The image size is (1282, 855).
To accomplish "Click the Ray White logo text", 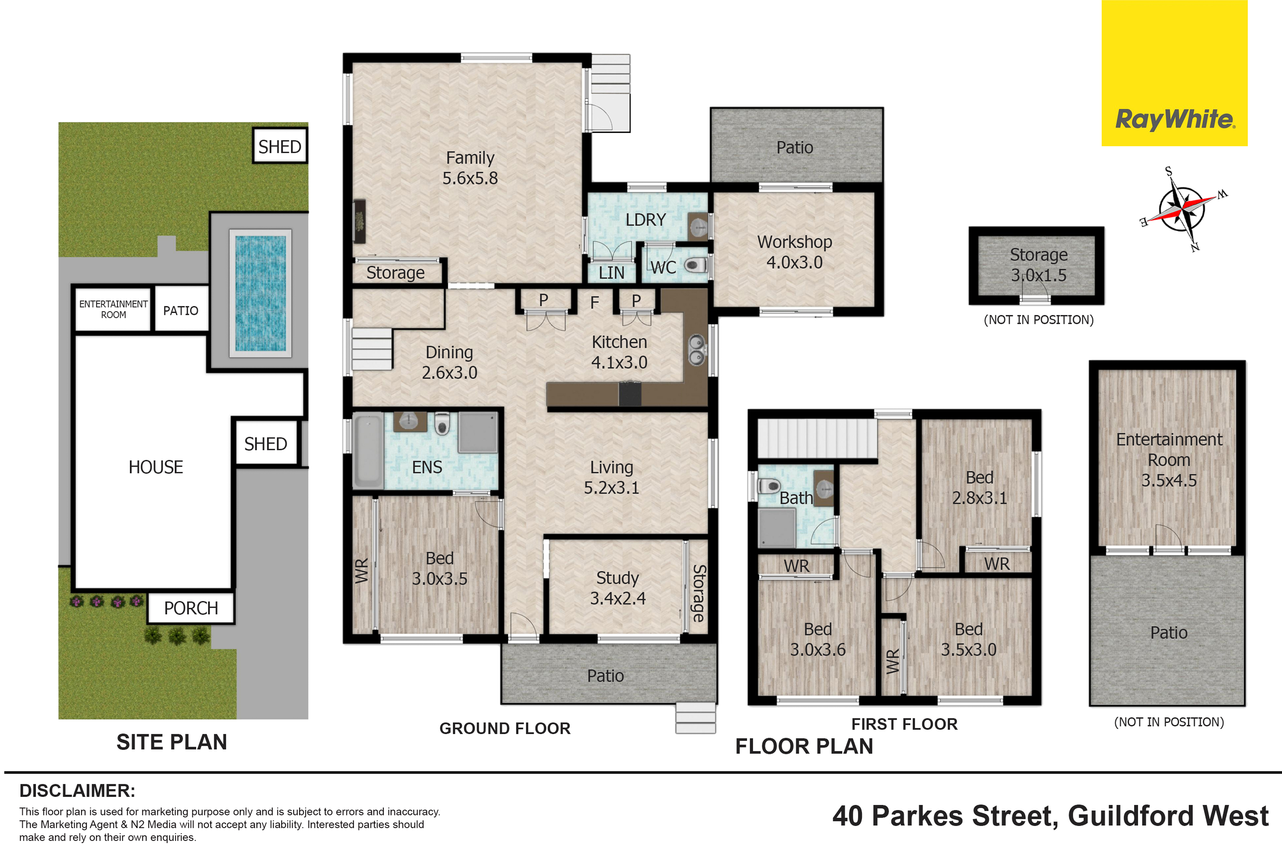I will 1175,119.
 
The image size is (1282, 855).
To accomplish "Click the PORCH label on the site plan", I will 191,608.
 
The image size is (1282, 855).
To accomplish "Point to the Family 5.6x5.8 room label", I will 470,168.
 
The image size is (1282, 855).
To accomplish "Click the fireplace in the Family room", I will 359,221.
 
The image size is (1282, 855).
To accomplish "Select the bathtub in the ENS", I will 368,450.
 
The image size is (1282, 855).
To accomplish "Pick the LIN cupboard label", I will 611,273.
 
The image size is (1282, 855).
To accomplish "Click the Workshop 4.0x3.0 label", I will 794,252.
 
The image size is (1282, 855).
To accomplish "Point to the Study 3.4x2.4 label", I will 617,588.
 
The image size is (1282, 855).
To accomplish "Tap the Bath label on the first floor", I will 796,498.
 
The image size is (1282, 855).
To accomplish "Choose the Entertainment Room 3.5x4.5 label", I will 1169,460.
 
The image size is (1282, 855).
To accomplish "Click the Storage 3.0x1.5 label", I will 1038,265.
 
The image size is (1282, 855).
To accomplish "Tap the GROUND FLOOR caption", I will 505,729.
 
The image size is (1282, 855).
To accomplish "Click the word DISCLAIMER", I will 77,791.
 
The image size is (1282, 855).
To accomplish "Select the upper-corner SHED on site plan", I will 280,146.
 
